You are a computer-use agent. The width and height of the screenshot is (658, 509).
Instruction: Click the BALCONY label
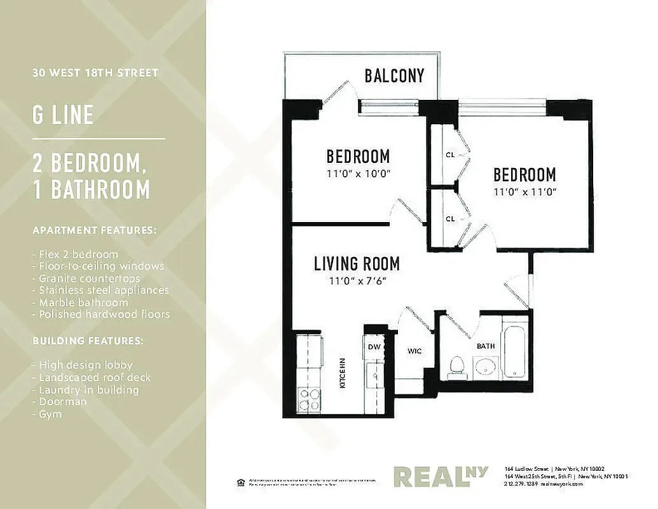coord(394,76)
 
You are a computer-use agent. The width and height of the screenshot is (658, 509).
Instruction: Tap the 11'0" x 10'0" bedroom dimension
coord(358,172)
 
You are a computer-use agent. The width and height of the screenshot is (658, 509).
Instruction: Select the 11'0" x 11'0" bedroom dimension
coord(524,191)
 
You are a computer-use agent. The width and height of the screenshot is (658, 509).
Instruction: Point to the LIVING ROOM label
coord(357,263)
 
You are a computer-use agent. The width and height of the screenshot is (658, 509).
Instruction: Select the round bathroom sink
coord(486,367)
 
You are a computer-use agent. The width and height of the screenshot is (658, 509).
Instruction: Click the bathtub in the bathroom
coord(516,352)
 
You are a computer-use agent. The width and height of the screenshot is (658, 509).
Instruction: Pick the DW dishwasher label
coord(374,347)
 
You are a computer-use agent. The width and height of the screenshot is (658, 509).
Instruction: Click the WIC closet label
coord(415,351)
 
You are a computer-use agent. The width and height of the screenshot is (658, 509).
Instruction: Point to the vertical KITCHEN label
coord(342,373)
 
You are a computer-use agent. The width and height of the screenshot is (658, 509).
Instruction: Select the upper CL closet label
coord(450,155)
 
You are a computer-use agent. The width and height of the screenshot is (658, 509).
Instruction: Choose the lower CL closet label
coord(450,218)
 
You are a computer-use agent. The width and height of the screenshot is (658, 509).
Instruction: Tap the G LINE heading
coord(63,115)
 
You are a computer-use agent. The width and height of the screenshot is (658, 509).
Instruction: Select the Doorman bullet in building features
coord(62,401)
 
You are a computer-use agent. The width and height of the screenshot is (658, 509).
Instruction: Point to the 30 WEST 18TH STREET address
coord(95,73)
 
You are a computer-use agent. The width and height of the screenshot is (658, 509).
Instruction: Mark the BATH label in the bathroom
coord(486,346)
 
